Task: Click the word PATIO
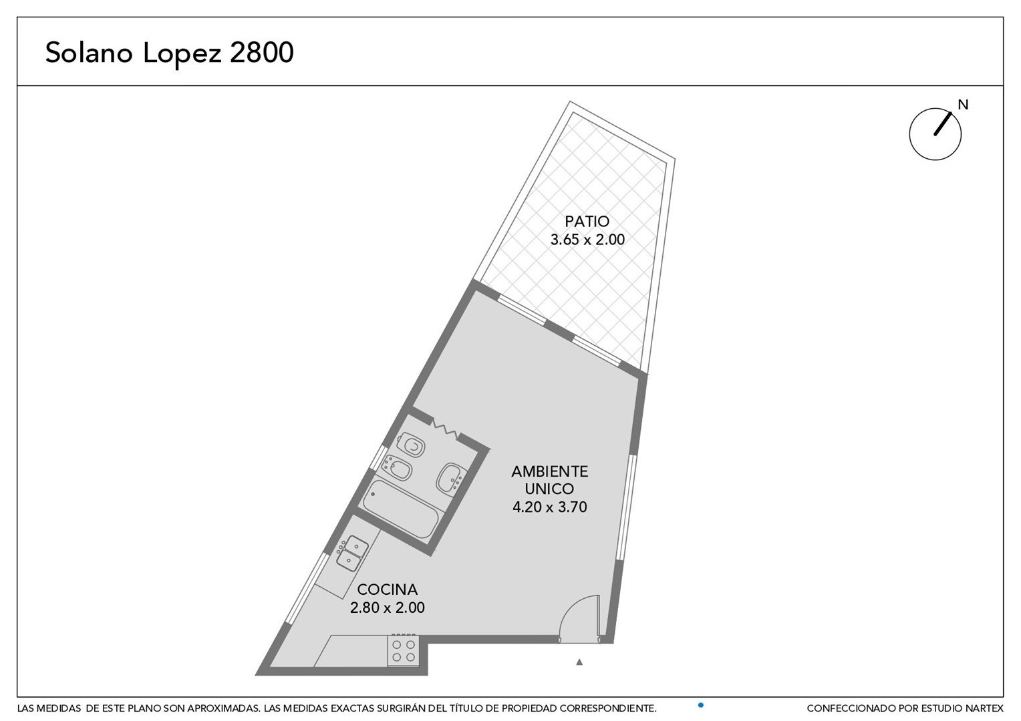point(587,222)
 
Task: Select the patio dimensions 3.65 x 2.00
point(587,240)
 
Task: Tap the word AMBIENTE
point(550,471)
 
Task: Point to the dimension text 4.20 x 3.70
point(550,507)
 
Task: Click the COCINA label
point(388,589)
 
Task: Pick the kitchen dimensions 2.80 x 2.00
point(388,608)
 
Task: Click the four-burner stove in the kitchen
point(404,651)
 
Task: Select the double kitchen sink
point(352,553)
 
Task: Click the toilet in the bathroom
point(412,445)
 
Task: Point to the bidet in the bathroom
point(398,467)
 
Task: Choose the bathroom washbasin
point(450,478)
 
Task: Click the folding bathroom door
point(445,429)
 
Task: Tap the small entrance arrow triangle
point(579,662)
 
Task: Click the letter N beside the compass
point(963,105)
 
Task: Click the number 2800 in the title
point(262,52)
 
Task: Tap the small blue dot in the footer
point(700,706)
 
